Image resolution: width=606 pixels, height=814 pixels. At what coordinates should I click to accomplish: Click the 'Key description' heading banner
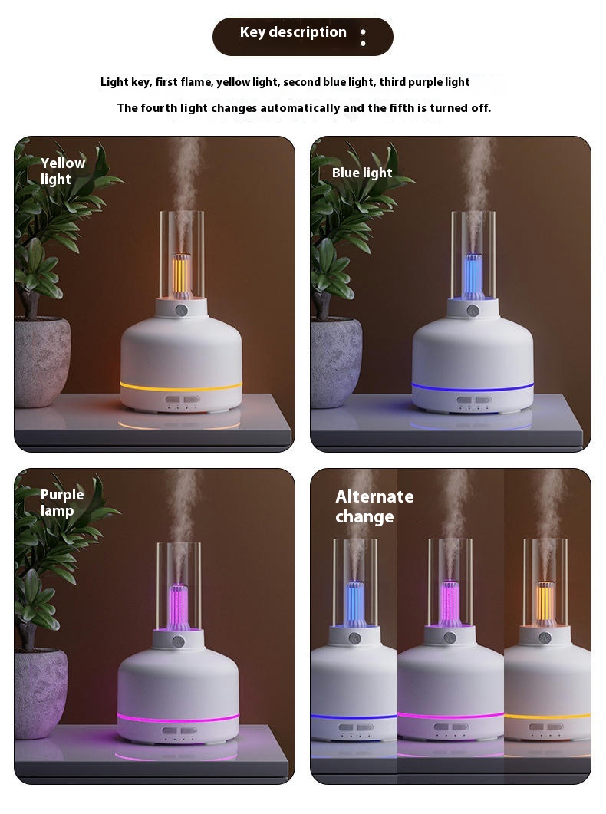click(x=302, y=36)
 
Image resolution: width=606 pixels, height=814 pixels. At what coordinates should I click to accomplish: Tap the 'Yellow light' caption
click(x=63, y=171)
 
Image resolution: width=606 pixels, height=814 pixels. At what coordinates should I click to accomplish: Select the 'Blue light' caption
click(x=362, y=173)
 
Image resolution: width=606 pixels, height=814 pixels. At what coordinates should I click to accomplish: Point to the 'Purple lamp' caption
click(x=61, y=503)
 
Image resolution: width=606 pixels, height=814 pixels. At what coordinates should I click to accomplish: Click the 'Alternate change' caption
click(x=374, y=506)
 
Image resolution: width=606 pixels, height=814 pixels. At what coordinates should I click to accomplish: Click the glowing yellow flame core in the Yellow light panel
click(x=181, y=275)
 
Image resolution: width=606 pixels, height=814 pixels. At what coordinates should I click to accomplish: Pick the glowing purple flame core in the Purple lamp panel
click(x=179, y=607)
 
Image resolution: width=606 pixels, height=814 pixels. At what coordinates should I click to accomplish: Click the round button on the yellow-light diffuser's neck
click(x=181, y=311)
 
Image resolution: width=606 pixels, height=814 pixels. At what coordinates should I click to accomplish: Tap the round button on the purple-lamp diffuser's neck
click(x=179, y=641)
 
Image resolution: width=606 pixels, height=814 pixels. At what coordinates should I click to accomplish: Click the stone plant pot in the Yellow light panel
click(x=41, y=362)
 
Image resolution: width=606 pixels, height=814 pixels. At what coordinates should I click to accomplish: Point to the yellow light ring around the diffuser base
click(x=181, y=387)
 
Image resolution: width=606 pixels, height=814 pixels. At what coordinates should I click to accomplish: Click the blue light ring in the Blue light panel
click(x=473, y=387)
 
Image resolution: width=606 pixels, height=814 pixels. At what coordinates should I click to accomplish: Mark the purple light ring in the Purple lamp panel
click(x=178, y=719)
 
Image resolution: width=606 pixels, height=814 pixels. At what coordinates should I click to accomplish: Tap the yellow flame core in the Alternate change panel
click(x=545, y=602)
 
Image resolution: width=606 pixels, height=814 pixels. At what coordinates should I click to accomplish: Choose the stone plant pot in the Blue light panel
click(x=336, y=362)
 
